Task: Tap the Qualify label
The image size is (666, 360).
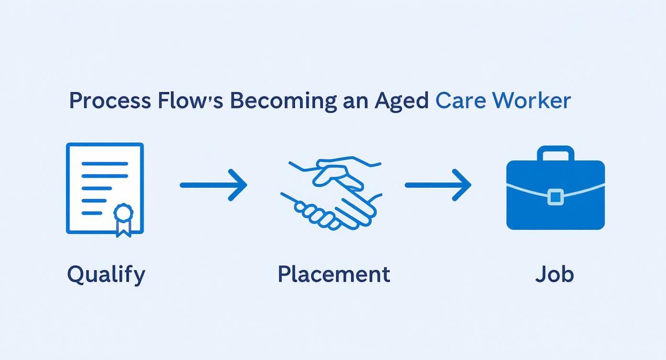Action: tap(106, 275)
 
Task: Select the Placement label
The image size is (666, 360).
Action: tap(333, 274)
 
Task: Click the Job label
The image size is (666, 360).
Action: tap(554, 275)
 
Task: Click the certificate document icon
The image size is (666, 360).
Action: tap(105, 189)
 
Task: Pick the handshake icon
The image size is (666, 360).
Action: tap(332, 191)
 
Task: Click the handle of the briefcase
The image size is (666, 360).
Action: tap(555, 153)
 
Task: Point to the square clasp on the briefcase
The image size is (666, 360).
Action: tap(555, 197)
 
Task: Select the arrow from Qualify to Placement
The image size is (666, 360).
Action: tap(213, 185)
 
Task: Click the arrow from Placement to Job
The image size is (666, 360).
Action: tap(438, 185)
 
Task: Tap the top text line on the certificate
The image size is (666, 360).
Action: tap(105, 164)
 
